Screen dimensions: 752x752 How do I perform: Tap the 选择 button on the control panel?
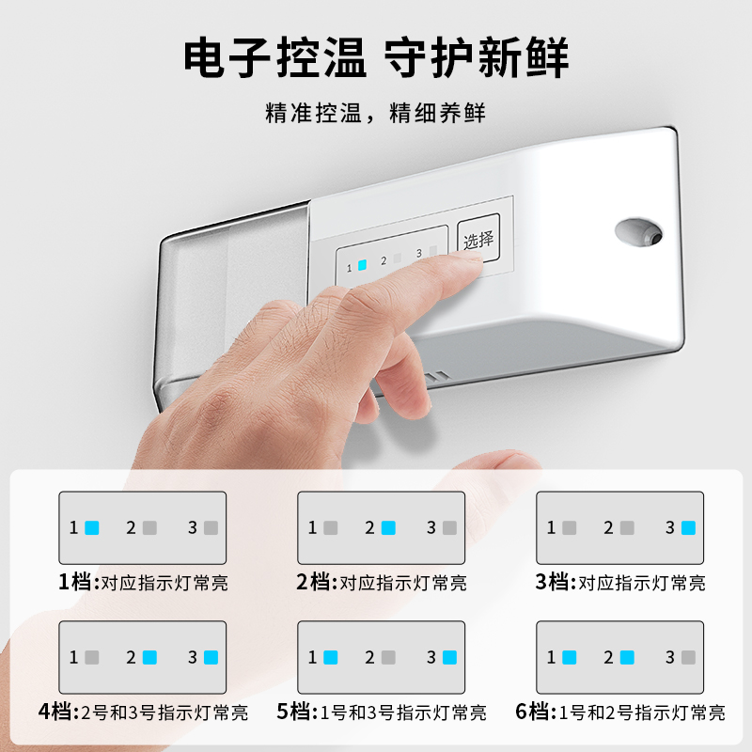[x=478, y=241]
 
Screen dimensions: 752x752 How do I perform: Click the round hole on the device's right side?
[x=636, y=231]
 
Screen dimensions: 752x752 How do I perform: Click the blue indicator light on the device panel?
[x=362, y=266]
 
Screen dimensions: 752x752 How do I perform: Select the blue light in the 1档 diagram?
[x=91, y=527]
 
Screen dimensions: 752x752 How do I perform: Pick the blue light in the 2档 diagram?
[x=388, y=527]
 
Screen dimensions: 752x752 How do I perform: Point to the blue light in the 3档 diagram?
[x=687, y=527]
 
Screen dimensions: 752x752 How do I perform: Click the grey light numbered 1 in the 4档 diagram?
[x=91, y=657]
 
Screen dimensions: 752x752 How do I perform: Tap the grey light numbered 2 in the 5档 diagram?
[x=388, y=657]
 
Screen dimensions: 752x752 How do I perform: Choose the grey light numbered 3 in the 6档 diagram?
[x=687, y=657]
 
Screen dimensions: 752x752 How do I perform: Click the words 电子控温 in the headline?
[x=274, y=58]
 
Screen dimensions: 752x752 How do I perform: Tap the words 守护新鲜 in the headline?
[x=478, y=58]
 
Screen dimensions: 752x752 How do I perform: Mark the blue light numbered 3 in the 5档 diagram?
[x=448, y=657]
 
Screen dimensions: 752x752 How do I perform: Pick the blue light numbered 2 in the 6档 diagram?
[x=627, y=657]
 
